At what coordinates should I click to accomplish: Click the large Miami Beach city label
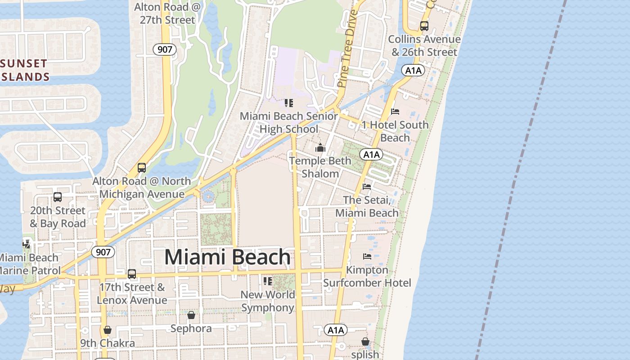(227, 257)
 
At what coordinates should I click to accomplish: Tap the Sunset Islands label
(25, 70)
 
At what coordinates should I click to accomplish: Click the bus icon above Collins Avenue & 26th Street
(424, 26)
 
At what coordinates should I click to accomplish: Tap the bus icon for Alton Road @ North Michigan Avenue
(142, 168)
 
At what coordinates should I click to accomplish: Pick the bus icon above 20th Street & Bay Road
(58, 197)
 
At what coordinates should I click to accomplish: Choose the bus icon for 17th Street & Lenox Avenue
(131, 274)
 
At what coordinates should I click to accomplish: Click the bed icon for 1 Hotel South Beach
(395, 111)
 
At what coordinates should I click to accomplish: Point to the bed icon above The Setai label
(367, 186)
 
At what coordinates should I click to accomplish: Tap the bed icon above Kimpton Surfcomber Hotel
(367, 256)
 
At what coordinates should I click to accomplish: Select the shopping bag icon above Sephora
(191, 315)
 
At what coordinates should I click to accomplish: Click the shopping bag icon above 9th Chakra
(108, 330)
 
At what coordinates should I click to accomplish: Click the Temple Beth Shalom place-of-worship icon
(320, 148)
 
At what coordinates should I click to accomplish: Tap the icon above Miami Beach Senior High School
(288, 103)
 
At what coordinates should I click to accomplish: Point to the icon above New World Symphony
(268, 281)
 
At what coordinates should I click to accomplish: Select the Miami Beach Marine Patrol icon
(27, 244)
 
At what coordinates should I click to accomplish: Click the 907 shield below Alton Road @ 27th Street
(165, 49)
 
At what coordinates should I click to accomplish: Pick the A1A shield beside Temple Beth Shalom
(371, 155)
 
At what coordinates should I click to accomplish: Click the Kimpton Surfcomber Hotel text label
(367, 276)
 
